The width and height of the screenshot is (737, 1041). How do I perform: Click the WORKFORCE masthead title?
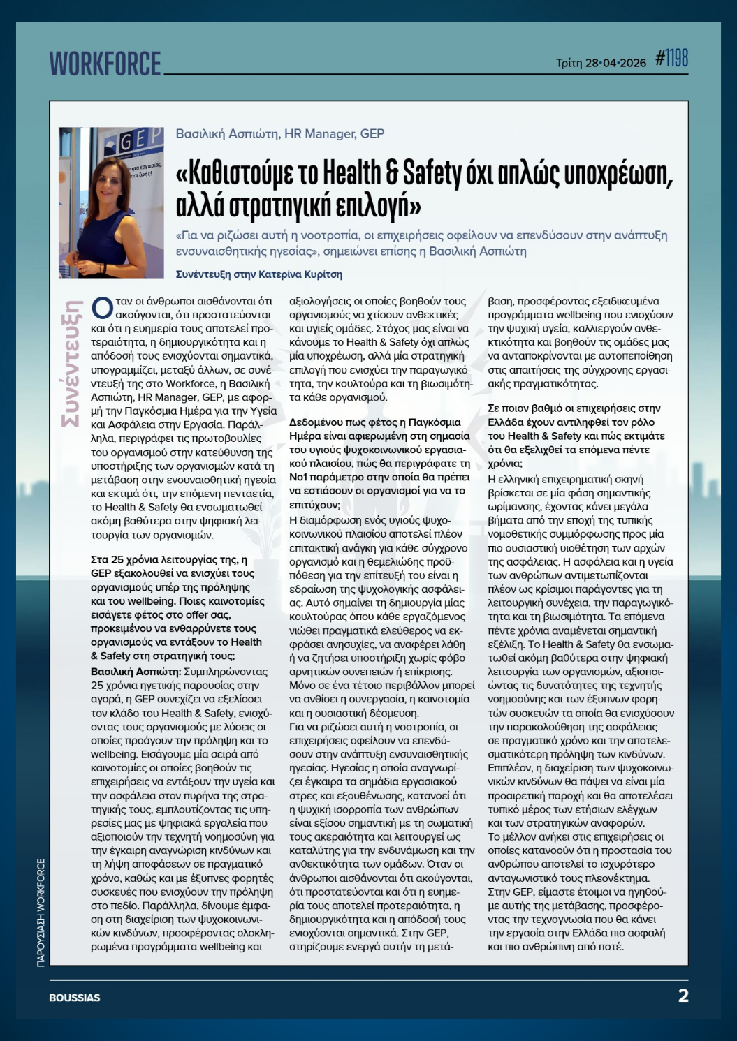[105, 64]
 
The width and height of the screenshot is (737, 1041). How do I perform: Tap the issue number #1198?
[671, 59]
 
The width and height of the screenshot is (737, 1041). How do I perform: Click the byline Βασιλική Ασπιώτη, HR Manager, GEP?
[279, 133]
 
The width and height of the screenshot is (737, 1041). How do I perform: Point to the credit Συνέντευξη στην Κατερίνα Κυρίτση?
[259, 274]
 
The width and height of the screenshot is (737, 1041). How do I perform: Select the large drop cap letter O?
[102, 308]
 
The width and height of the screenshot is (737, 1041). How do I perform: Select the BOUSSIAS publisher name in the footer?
[74, 998]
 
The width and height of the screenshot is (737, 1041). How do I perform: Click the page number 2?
[683, 996]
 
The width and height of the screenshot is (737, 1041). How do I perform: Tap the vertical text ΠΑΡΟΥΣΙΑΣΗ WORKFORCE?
[41, 912]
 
